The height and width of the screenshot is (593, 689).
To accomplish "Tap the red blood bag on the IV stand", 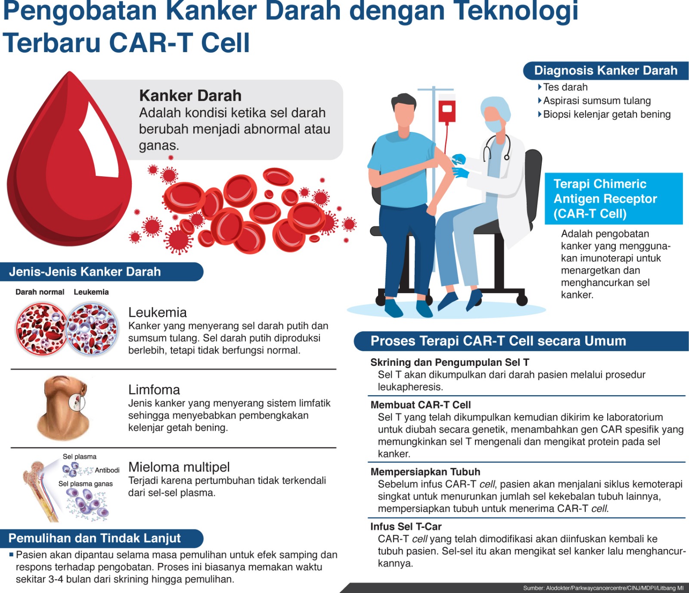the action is pos(447,110).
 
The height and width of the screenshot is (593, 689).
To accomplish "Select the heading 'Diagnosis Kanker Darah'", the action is pos(606,70).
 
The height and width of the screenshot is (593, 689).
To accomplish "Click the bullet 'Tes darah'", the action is pos(563,87).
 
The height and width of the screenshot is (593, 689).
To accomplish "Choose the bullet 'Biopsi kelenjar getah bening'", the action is pos(605,114).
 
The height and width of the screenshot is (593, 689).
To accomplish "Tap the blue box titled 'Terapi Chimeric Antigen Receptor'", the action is pos(614,199).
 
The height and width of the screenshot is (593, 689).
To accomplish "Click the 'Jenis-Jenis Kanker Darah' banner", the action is pos(102,272).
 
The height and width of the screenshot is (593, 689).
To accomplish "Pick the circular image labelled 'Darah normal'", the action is pos(41,329).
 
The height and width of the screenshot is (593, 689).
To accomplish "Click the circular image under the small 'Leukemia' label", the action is pos(92,329).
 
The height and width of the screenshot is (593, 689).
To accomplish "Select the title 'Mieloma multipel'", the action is pos(179,467).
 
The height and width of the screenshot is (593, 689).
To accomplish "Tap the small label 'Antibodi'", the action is pos(107,470).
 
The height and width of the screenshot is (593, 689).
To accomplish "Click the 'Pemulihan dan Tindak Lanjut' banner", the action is pos(102,538).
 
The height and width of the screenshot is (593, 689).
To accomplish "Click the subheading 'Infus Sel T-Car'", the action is pos(406,526).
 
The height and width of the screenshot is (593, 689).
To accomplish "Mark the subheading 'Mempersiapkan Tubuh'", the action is pos(425,471).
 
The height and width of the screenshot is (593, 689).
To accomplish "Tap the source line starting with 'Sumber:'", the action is pos(603,588).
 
